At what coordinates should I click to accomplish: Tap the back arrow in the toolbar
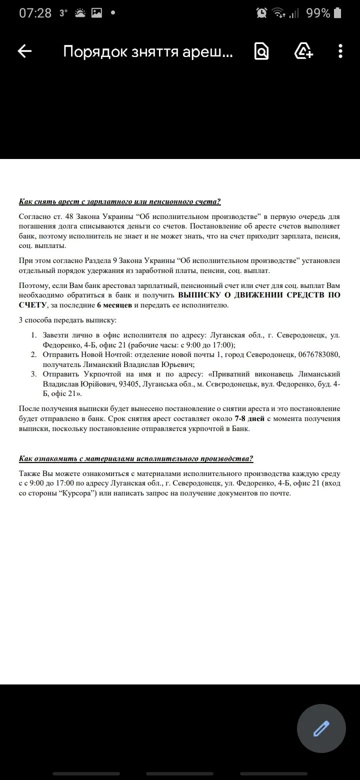pos(24,51)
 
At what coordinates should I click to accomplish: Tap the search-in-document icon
pos(261,51)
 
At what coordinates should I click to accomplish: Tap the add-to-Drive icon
pos(303,51)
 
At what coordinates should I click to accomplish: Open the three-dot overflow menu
pos(340,51)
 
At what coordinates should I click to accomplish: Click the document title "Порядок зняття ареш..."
pos(148,51)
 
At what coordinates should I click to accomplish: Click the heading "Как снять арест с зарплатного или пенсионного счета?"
pos(119,201)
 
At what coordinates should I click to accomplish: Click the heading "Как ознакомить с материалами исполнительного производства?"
pos(136,458)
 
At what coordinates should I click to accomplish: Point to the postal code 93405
pos(152,384)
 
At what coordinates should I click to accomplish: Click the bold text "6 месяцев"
pos(114,305)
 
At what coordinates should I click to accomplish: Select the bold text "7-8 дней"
pos(244,418)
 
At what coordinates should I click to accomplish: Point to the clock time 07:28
pos(35,13)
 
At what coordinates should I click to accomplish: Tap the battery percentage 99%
pos(318,13)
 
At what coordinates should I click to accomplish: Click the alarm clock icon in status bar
pos(261,13)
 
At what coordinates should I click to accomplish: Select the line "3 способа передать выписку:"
pos(67,320)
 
